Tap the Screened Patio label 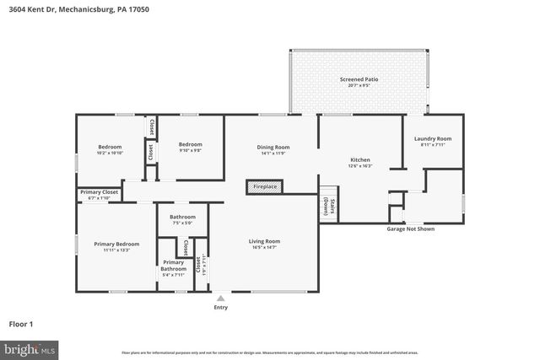click(359, 79)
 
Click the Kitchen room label click(361, 160)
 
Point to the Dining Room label click(273, 148)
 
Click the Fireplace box click(265, 186)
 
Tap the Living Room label click(264, 241)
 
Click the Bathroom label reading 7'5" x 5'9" click(182, 218)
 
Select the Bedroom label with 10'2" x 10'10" click(110, 147)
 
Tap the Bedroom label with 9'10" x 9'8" click(190, 144)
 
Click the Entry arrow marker click(221, 298)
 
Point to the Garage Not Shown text click(411, 228)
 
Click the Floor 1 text click(26, 323)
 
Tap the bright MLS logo click(30, 347)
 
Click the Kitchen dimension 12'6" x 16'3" click(361, 166)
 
